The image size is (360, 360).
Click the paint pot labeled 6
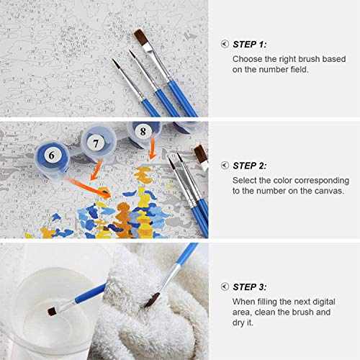(x=53, y=155)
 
